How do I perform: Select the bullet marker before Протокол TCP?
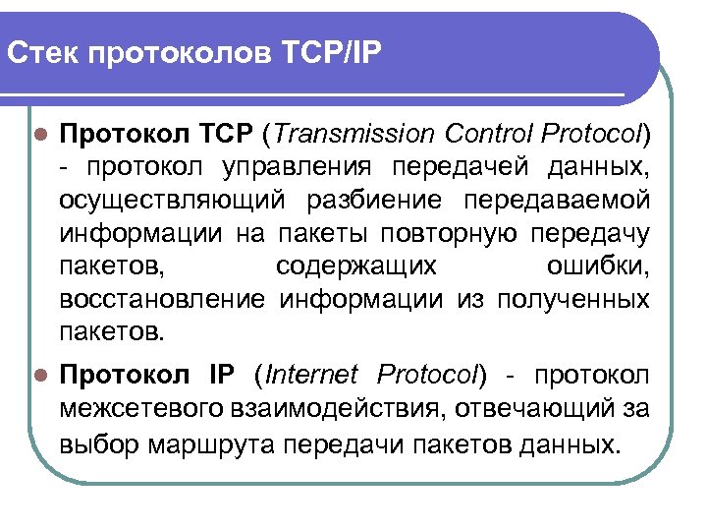[x=39, y=134]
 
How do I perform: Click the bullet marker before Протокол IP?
[x=39, y=376]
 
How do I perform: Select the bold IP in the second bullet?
[x=222, y=375]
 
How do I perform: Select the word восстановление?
[x=162, y=300]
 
